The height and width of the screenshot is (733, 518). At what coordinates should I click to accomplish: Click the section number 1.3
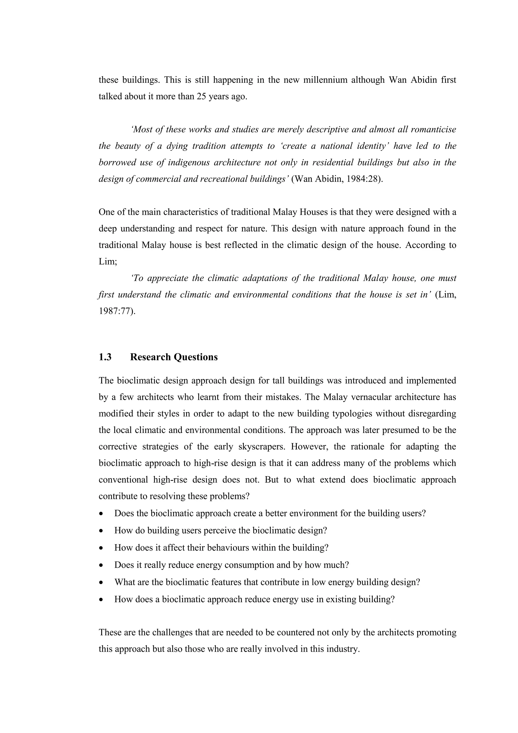tap(105, 357)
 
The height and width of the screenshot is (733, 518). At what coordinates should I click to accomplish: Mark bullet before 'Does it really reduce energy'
tap(101, 565)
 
